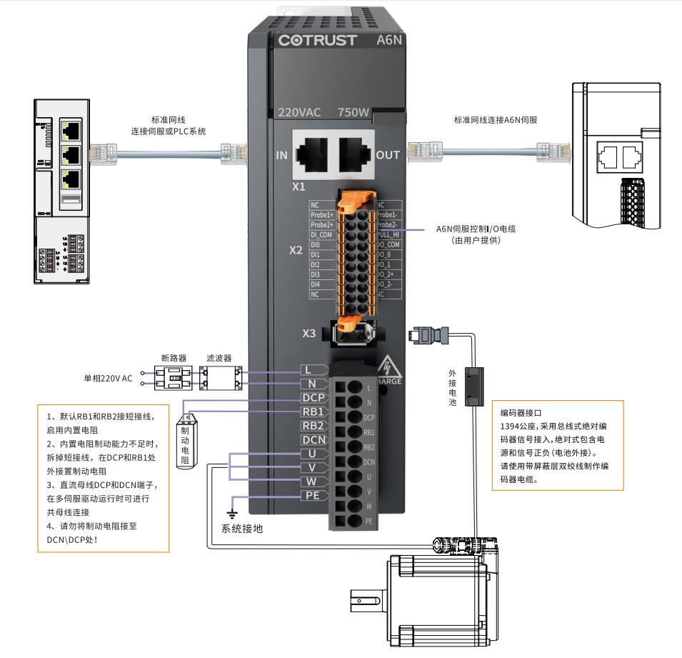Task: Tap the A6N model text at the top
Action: (x=389, y=40)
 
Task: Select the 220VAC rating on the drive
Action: (x=299, y=112)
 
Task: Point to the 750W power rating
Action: (x=353, y=112)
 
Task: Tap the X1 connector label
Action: (x=299, y=186)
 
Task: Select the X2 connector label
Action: (x=296, y=251)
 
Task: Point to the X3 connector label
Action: (x=309, y=333)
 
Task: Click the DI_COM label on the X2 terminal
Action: (x=321, y=234)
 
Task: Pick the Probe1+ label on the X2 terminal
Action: (x=322, y=214)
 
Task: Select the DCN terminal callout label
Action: (x=314, y=439)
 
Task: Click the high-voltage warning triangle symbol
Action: (x=388, y=365)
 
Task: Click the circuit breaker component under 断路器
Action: (x=174, y=378)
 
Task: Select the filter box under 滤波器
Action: (x=219, y=378)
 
